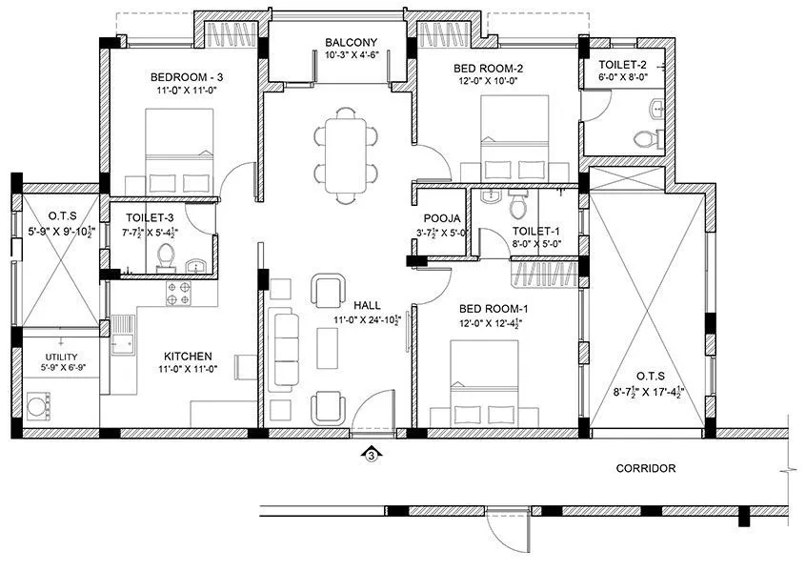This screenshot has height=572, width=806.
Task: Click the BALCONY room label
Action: click(x=351, y=42)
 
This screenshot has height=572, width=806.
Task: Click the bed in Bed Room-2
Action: click(x=514, y=141)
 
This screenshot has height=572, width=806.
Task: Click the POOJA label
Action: click(x=443, y=217)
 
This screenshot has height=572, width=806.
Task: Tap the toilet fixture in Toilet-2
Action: click(x=648, y=138)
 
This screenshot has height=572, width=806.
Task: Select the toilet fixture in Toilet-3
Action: click(x=166, y=256)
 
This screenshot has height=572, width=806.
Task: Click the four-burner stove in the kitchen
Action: click(x=179, y=293)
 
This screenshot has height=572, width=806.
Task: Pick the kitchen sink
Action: click(x=123, y=336)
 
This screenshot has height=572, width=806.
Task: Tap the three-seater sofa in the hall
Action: click(x=284, y=347)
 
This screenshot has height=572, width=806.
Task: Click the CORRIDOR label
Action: click(x=645, y=468)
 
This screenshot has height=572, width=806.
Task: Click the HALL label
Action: click(x=368, y=305)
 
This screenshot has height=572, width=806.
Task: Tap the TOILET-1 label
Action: click(x=535, y=231)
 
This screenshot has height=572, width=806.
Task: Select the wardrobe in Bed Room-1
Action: click(x=544, y=275)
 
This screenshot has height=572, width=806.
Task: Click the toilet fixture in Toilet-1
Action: click(x=518, y=206)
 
